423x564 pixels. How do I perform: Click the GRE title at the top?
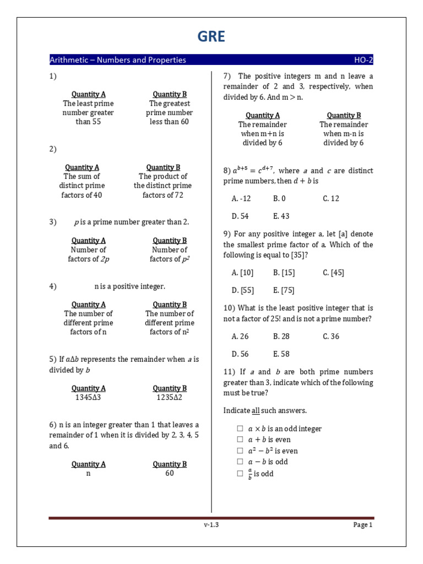point(211,36)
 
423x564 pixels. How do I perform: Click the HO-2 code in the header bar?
point(364,60)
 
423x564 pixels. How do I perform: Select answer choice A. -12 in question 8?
point(241,198)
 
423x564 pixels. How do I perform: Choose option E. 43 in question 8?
point(281,216)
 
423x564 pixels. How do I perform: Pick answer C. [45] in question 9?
point(333,272)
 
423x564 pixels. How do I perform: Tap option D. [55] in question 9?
point(242,290)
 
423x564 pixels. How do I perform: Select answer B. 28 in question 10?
point(281,336)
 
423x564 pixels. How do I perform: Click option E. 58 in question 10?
point(281,354)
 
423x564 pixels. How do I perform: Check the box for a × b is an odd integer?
point(240,429)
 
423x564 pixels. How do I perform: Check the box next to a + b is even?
point(240,440)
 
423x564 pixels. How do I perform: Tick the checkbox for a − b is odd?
point(240,462)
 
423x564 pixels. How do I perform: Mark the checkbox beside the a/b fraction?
point(240,474)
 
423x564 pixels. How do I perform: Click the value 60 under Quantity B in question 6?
point(170,473)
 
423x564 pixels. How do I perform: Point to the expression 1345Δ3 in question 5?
point(89,398)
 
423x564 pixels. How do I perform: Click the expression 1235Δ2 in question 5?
point(170,398)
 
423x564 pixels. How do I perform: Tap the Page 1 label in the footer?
point(363,525)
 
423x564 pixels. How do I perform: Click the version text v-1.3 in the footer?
point(211,525)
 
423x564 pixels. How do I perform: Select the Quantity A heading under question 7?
point(263,115)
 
